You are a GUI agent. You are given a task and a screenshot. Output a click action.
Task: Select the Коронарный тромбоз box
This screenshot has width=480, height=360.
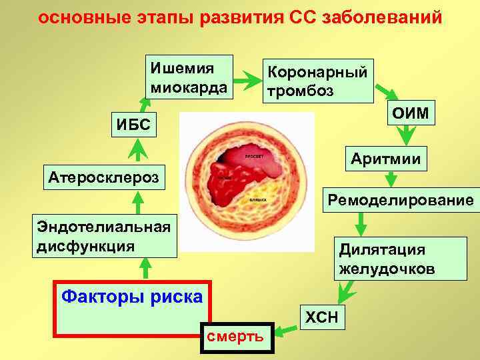[317, 81]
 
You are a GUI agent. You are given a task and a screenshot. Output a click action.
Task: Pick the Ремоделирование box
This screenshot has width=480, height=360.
[399, 199]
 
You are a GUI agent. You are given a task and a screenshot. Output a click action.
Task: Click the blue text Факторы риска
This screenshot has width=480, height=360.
[131, 295]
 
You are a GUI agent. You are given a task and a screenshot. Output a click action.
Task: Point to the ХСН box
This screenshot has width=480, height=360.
[323, 318]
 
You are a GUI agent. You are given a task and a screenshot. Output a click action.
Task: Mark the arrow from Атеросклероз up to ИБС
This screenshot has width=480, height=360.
[138, 149]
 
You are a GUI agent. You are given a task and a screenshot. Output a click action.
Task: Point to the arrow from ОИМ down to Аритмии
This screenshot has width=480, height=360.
[405, 135]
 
